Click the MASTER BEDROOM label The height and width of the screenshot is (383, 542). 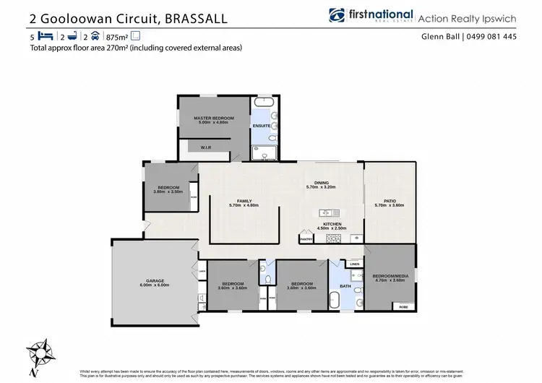tap(213, 117)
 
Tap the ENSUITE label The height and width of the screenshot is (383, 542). tap(262, 126)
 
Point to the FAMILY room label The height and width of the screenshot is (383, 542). tap(244, 202)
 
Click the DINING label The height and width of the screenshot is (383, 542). tap(322, 183)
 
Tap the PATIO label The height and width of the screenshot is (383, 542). tap(390, 202)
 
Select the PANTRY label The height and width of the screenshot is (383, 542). tap(306, 238)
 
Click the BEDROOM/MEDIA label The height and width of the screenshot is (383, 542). tap(390, 276)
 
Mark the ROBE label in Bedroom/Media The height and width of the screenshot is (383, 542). tap(403, 306)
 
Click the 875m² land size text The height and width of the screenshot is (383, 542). tap(116, 36)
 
